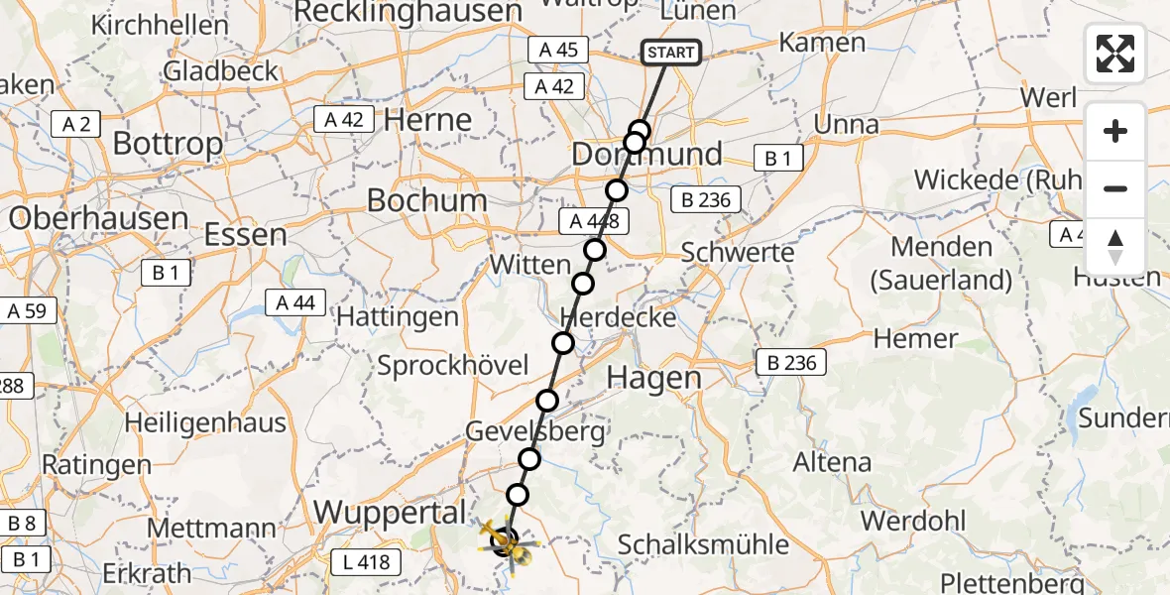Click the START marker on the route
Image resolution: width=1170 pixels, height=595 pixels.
pos(671,53)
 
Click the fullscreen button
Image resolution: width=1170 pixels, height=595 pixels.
pos(1115,55)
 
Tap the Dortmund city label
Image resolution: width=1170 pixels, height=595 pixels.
pos(647,155)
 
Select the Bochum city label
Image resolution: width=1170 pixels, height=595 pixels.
pos(426,200)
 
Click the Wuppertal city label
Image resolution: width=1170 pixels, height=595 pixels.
pos(390,513)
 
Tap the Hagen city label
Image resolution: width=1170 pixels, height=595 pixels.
pos(653,378)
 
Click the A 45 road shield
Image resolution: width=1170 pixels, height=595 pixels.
pos(558,51)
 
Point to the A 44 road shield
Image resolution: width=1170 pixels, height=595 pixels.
pos(295,302)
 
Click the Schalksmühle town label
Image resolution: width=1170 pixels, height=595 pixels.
pos(703,543)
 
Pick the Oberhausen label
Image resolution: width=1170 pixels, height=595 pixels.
pos(98,218)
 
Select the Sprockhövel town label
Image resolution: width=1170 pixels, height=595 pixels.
pos(453,365)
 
